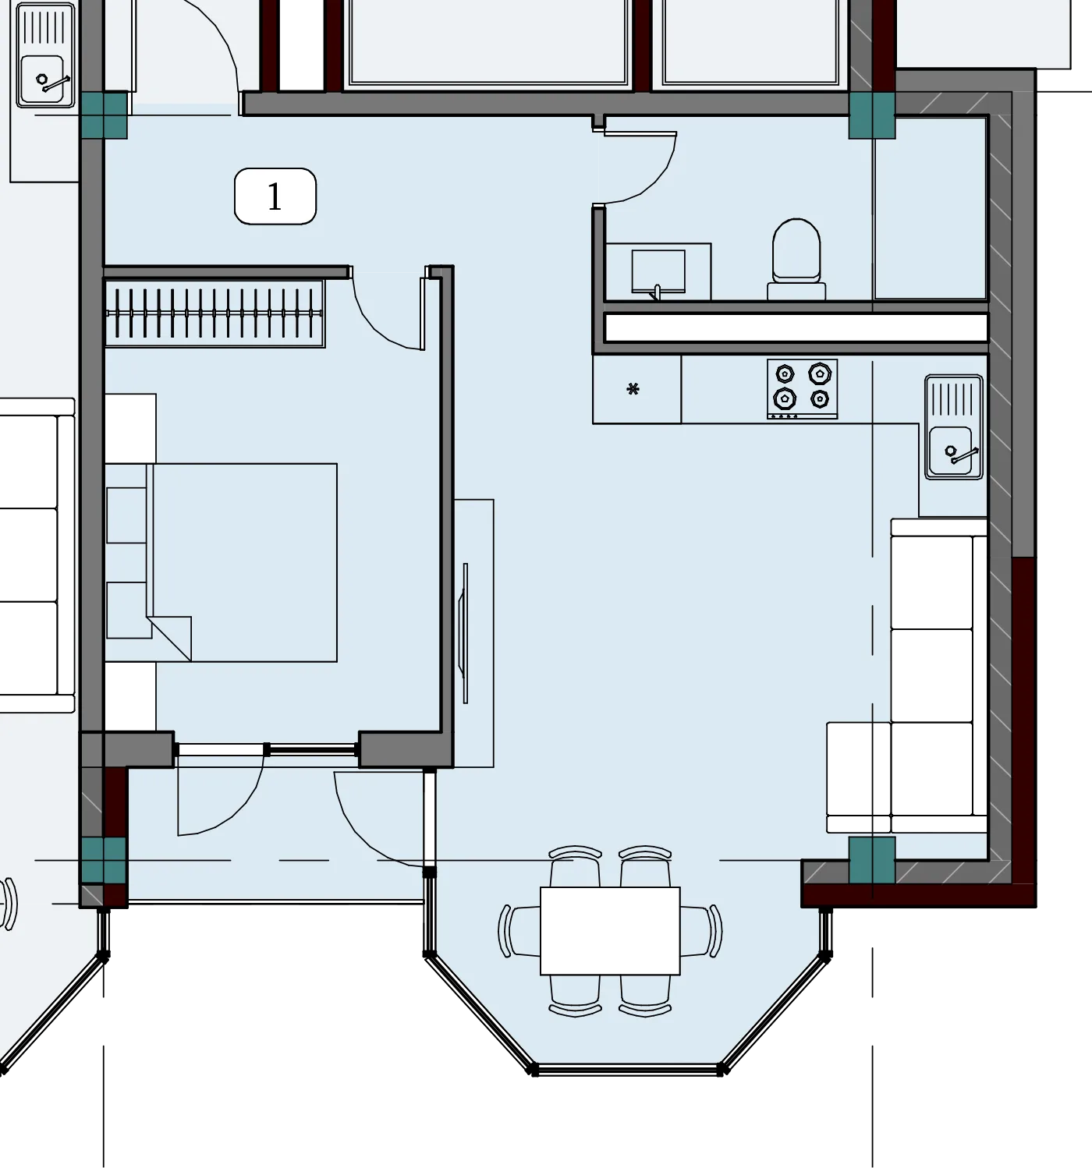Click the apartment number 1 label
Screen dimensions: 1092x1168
[275, 196]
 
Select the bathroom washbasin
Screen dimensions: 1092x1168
[658, 271]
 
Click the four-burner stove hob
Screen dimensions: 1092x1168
[802, 389]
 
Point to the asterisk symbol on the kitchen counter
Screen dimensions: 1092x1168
[633, 389]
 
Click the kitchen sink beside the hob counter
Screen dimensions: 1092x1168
[954, 427]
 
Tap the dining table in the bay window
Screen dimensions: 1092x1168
[610, 930]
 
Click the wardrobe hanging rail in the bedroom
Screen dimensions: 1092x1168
[214, 313]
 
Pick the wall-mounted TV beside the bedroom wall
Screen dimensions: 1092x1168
[465, 633]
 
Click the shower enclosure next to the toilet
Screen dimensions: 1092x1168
[931, 208]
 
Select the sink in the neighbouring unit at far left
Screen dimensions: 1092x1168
[45, 56]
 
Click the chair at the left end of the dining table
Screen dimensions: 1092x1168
[519, 931]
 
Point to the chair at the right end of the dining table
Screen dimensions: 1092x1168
[702, 931]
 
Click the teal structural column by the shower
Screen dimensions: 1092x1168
[872, 115]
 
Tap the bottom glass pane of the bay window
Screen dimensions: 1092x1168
[628, 1070]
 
